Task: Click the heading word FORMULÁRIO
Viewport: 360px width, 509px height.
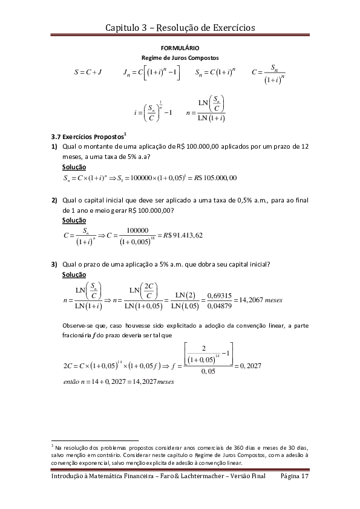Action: [x=180, y=48]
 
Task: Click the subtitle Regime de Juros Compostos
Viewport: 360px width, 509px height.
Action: [x=180, y=57]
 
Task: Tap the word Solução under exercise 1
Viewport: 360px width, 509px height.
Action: [x=74, y=167]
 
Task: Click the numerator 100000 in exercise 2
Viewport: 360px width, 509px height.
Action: [x=139, y=230]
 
